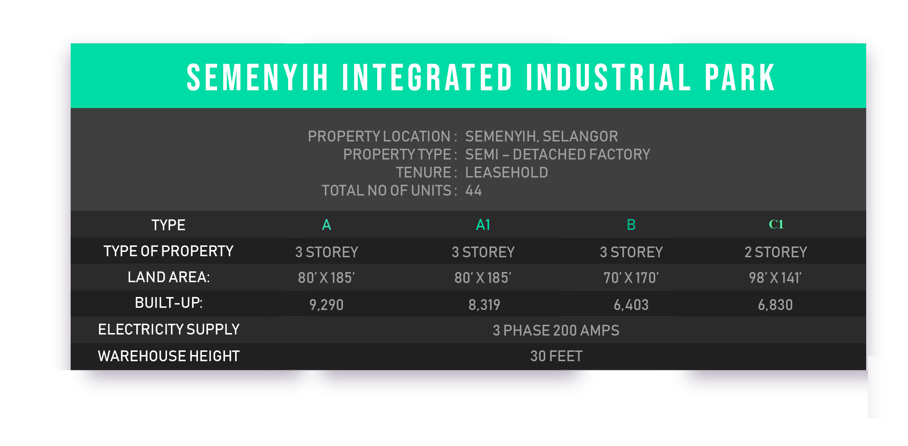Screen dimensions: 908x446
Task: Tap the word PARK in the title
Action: pyautogui.click(x=740, y=77)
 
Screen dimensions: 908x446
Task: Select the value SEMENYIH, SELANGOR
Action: pyautogui.click(x=541, y=137)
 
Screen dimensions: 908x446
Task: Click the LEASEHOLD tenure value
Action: pyautogui.click(x=506, y=172)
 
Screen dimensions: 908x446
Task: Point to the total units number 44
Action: pyautogui.click(x=473, y=191)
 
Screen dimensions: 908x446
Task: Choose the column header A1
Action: pyautogui.click(x=483, y=225)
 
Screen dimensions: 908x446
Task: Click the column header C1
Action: pyautogui.click(x=776, y=224)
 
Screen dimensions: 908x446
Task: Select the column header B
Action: pyautogui.click(x=631, y=225)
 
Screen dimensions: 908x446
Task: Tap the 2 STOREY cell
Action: pyautogui.click(x=776, y=252)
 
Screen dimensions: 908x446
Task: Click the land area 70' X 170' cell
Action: pyautogui.click(x=631, y=278)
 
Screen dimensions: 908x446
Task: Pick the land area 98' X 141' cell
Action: pyautogui.click(x=775, y=278)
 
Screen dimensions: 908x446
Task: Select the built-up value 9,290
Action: pyautogui.click(x=326, y=305)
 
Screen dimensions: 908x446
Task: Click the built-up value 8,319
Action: pyautogui.click(x=484, y=305)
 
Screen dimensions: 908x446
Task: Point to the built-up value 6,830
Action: pyautogui.click(x=775, y=305)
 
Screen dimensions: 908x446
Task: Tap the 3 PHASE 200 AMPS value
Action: pyautogui.click(x=556, y=331)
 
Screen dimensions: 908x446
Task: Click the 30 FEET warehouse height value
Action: pyautogui.click(x=556, y=356)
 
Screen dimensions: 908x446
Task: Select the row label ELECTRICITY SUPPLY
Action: pyautogui.click(x=169, y=329)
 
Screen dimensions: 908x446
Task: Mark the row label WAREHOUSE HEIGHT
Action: pyautogui.click(x=169, y=356)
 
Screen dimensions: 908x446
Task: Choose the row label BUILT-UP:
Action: pyautogui.click(x=169, y=303)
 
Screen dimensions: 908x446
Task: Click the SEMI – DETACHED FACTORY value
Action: pyautogui.click(x=557, y=154)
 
